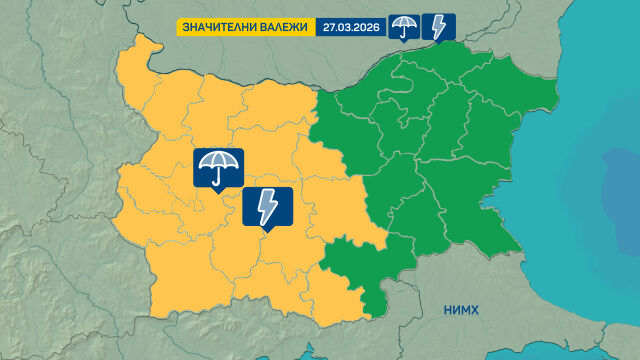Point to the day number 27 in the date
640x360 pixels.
(x=329, y=27)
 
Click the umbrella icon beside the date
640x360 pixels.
(x=404, y=27)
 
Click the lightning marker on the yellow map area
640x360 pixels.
(x=267, y=207)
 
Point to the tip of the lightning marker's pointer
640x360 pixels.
(x=267, y=233)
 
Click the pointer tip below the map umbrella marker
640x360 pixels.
(x=218, y=192)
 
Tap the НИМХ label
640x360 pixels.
(x=461, y=311)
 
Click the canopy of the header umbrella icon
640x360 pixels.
(x=404, y=22)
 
